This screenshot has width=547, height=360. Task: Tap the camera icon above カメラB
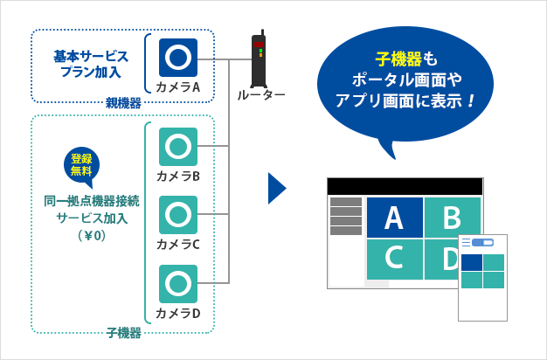pos(178,147)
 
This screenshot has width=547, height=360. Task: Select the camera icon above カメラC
pos(178,215)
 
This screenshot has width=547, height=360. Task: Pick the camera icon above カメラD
pos(178,284)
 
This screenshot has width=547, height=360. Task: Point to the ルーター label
pos(260,94)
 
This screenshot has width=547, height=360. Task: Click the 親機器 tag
pos(123,103)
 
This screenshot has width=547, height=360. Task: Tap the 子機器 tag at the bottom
pos(123,333)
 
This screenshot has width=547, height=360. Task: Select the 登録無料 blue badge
pos(81,164)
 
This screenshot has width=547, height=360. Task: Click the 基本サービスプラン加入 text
pos(91,63)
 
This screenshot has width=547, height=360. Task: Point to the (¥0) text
pos(91,235)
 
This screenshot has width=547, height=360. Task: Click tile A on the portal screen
pos(394,218)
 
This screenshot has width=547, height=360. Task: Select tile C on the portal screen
pos(394,260)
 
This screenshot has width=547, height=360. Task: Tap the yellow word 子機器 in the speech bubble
pos(398,59)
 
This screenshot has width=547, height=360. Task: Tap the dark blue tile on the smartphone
pos(472,263)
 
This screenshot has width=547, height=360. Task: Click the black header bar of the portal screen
pos(405,186)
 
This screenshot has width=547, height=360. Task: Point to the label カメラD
pos(178,313)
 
